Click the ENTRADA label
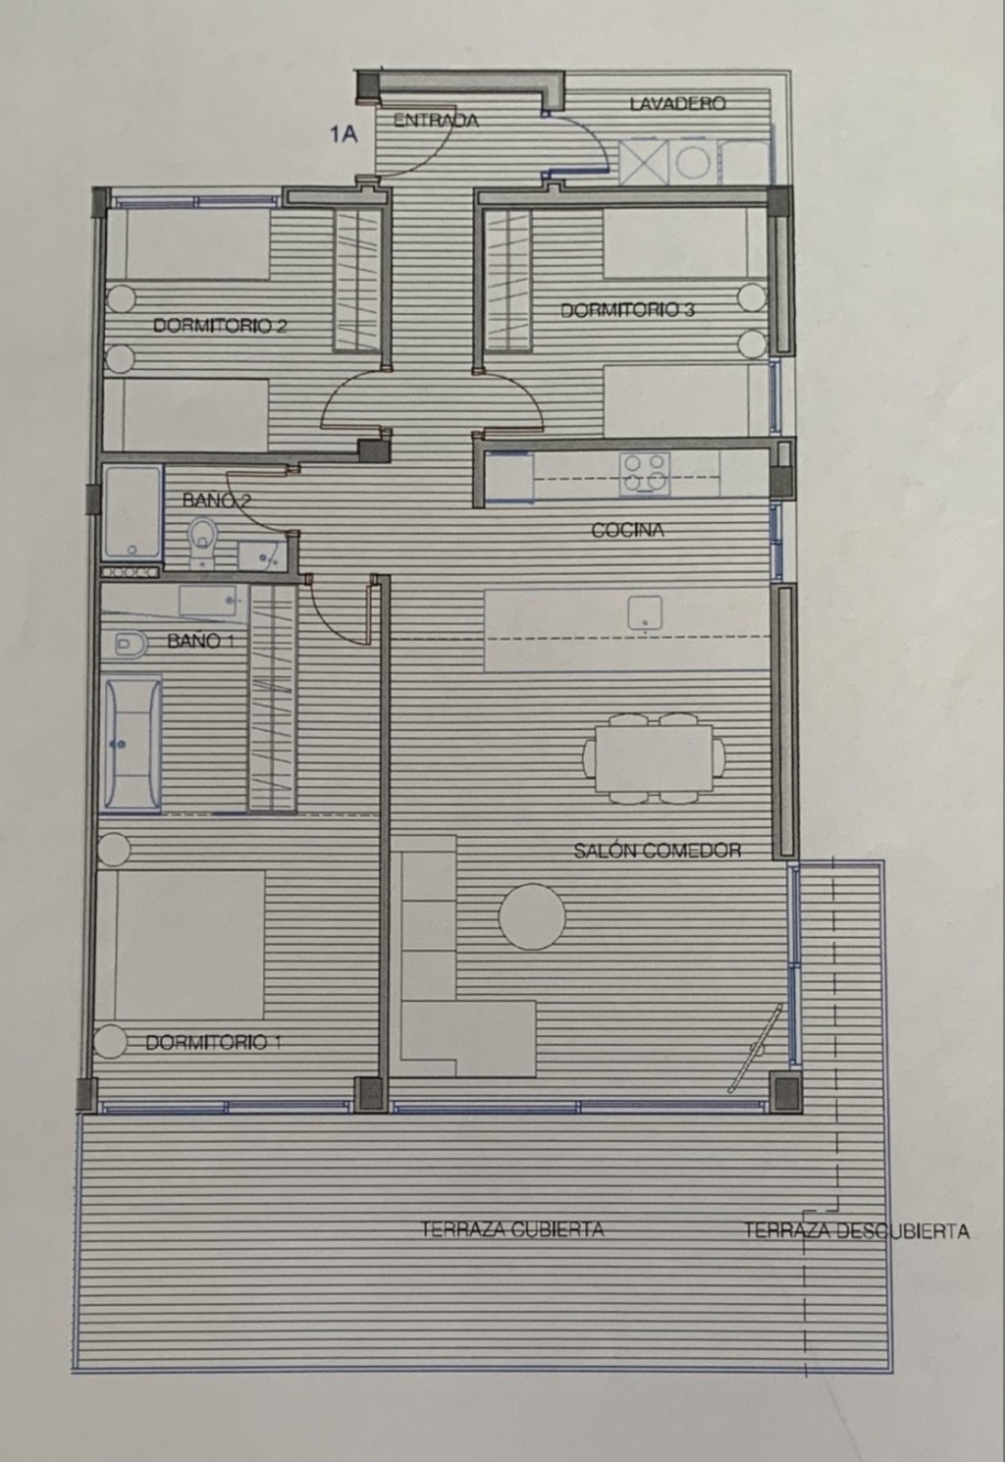coord(436,121)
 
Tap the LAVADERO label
coord(677,103)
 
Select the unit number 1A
coord(344,135)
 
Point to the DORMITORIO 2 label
coord(220,326)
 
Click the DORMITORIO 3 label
coord(627,310)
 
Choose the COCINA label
coord(628,530)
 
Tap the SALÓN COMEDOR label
coord(658,850)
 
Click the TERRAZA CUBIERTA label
coord(512,1229)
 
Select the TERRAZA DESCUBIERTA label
coord(856,1230)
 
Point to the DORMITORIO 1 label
coord(213,1043)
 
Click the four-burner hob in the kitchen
coord(645,474)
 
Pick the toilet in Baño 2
coord(203,541)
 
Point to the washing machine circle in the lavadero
coord(693,162)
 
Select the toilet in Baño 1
coord(129,645)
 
